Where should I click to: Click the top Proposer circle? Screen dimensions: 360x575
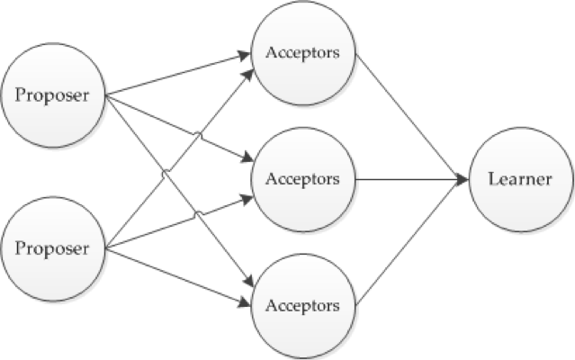(56, 94)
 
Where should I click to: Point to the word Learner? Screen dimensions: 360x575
(520, 179)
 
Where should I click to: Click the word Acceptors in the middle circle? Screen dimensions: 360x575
(303, 178)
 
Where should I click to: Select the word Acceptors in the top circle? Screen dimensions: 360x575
(303, 52)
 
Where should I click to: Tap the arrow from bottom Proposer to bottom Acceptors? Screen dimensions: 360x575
(180, 272)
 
